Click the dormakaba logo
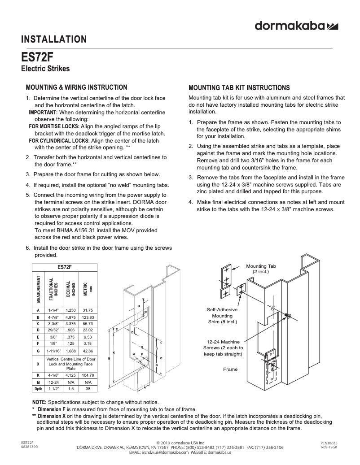(x=296, y=26)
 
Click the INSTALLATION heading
(x=54, y=40)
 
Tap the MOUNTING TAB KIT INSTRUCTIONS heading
(x=239, y=88)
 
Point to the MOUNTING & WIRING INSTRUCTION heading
(x=76, y=87)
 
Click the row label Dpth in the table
(x=38, y=389)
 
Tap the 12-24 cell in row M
(x=55, y=382)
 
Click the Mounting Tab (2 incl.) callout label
(x=261, y=269)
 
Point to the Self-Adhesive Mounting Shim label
(x=222, y=316)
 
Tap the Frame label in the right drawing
(x=230, y=369)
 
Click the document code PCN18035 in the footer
(x=329, y=443)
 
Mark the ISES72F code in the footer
(x=27, y=443)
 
